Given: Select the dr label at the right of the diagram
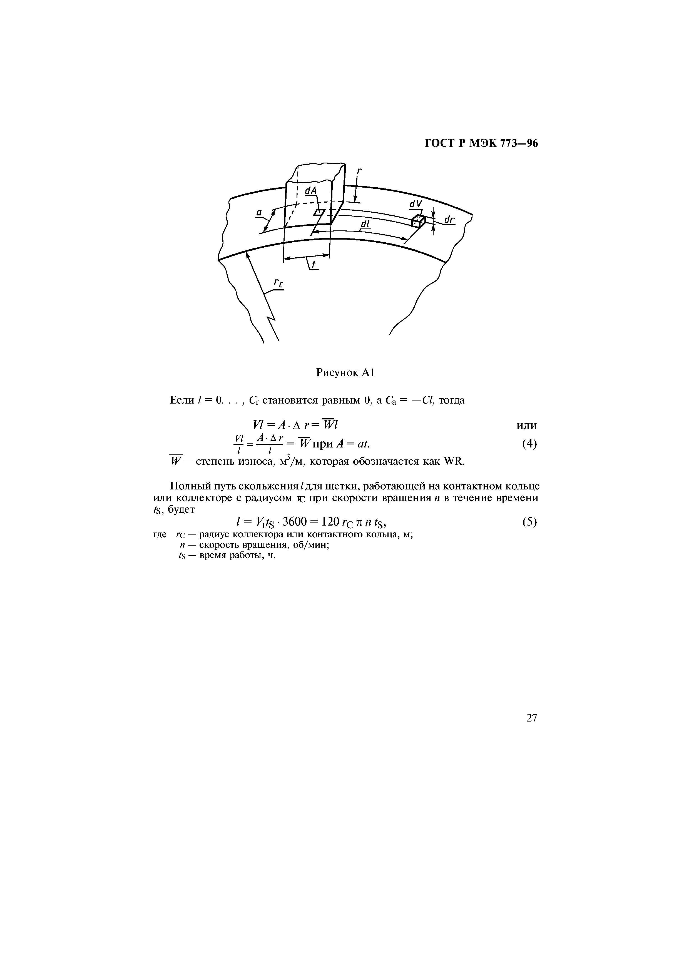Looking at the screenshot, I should tap(449, 220).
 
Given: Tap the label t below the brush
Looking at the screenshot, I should tap(314, 265).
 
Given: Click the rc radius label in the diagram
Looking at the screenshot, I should tap(278, 283).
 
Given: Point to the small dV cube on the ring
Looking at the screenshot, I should tap(418, 221).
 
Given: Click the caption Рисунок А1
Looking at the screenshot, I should tap(344, 373).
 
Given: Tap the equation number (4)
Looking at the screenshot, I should tap(529, 444).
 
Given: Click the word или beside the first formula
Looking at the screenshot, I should tap(526, 426).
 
